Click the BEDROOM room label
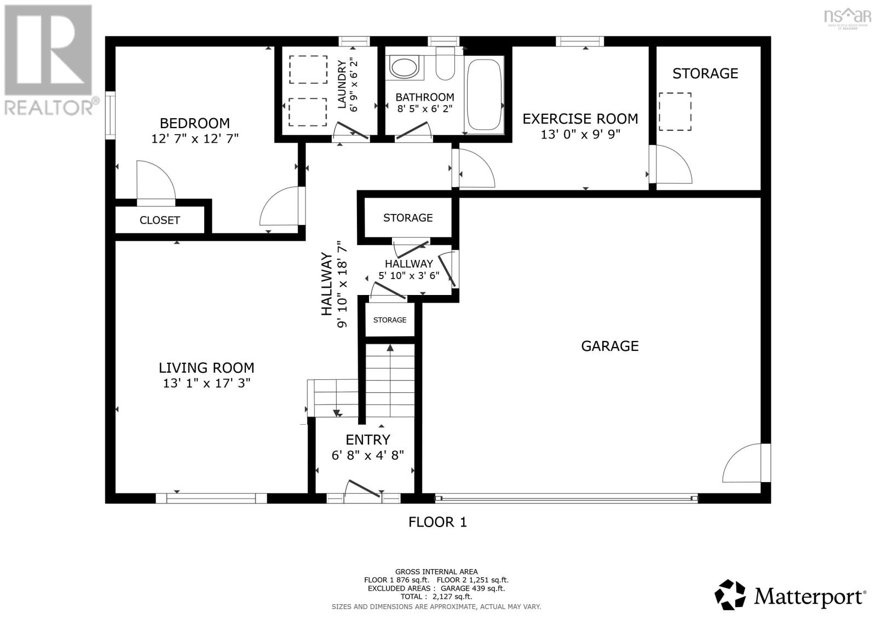[x=194, y=123]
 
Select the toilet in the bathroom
[x=445, y=65]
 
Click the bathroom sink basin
[x=404, y=67]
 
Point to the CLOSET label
[x=159, y=221]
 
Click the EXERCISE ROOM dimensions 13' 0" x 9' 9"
[x=580, y=134]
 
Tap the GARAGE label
[x=609, y=346]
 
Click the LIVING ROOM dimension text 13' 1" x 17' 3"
[x=206, y=383]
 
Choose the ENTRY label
[x=367, y=439]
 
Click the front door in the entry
[x=364, y=489]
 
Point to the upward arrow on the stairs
[x=390, y=348]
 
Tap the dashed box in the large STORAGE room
[x=675, y=112]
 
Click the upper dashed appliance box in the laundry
[x=308, y=70]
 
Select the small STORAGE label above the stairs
[x=390, y=320]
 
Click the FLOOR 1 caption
[x=437, y=522]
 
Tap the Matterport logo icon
[x=730, y=595]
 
